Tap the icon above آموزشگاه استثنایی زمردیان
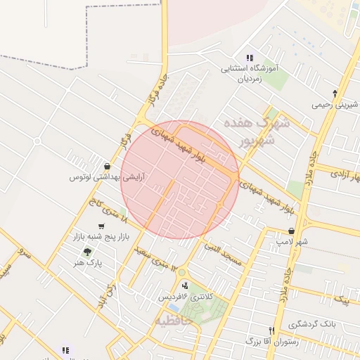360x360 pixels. point(250,58)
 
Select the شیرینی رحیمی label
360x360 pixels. point(334,105)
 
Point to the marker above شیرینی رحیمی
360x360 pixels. point(335,93)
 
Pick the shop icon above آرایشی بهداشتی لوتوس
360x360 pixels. point(106,166)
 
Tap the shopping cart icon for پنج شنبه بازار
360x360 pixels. point(102,226)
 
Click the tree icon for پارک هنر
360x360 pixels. point(87,252)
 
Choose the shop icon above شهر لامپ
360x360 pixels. point(292,231)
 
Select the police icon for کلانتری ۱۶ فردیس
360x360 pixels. point(184,285)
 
